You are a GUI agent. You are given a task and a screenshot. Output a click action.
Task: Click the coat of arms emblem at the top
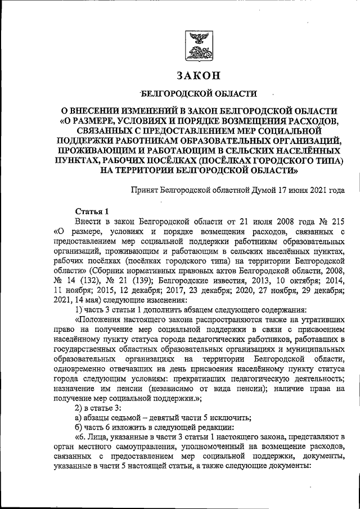198,46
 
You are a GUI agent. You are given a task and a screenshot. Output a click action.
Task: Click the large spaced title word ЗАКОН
198,75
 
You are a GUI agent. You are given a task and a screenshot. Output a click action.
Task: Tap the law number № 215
331,220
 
